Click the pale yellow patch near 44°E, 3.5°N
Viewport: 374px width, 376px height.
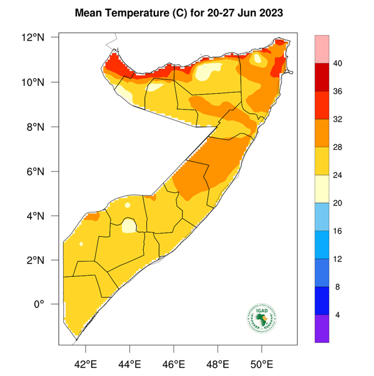tap(129, 225)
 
